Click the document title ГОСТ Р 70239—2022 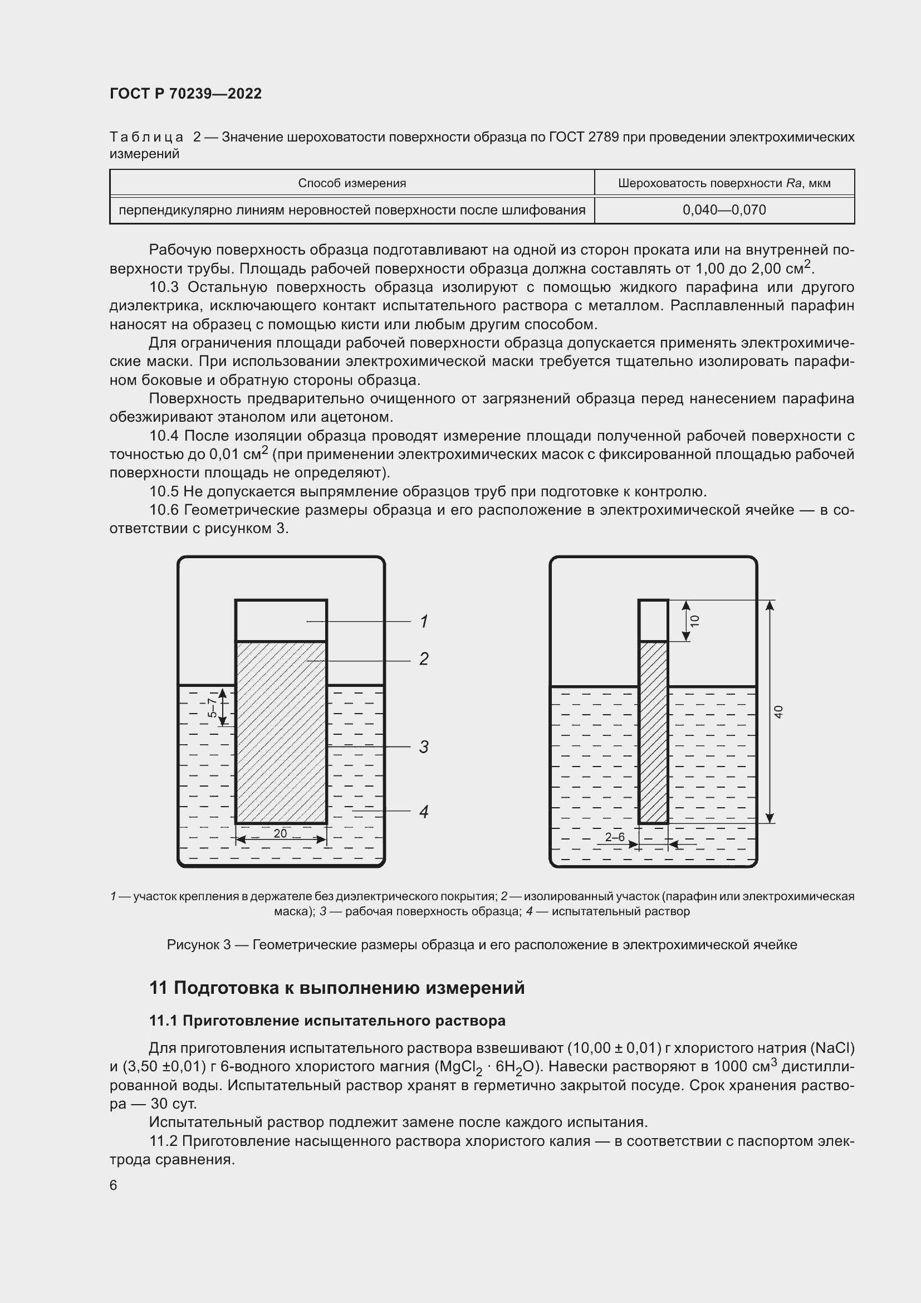[185, 94]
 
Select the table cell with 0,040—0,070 [724, 210]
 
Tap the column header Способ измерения [351, 183]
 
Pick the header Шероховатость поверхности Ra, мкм [724, 183]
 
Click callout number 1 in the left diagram [424, 622]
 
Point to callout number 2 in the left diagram [424, 659]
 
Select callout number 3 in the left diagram [424, 747]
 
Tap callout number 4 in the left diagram [424, 812]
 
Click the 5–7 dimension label [212, 707]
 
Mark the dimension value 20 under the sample [280, 833]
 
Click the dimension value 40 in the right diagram [778, 711]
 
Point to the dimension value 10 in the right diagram [695, 621]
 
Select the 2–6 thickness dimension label [615, 837]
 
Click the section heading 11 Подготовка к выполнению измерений [337, 988]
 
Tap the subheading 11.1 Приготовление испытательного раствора [327, 1021]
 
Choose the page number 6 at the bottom [114, 1185]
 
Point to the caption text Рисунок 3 [198, 945]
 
